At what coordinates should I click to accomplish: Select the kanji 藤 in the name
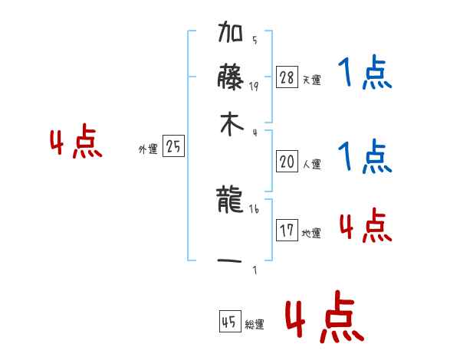click(231, 80)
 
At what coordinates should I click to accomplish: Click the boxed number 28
click(287, 77)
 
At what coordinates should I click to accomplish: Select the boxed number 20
click(287, 162)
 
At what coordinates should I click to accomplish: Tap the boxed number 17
click(287, 231)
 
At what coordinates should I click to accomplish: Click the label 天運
click(311, 80)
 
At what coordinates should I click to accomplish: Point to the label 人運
click(311, 164)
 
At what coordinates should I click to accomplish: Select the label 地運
click(311, 233)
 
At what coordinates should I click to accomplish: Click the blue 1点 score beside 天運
click(365, 74)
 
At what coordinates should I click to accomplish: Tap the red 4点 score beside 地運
click(365, 226)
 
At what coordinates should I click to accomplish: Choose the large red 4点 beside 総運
click(324, 317)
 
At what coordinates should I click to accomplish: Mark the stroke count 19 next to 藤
click(254, 87)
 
